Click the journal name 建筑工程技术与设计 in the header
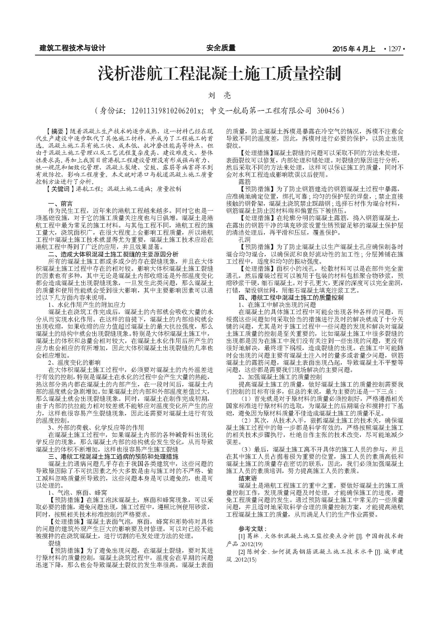72,48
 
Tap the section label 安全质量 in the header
221,48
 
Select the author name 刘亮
220,95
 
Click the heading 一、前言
60,203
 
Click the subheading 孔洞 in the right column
244,240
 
